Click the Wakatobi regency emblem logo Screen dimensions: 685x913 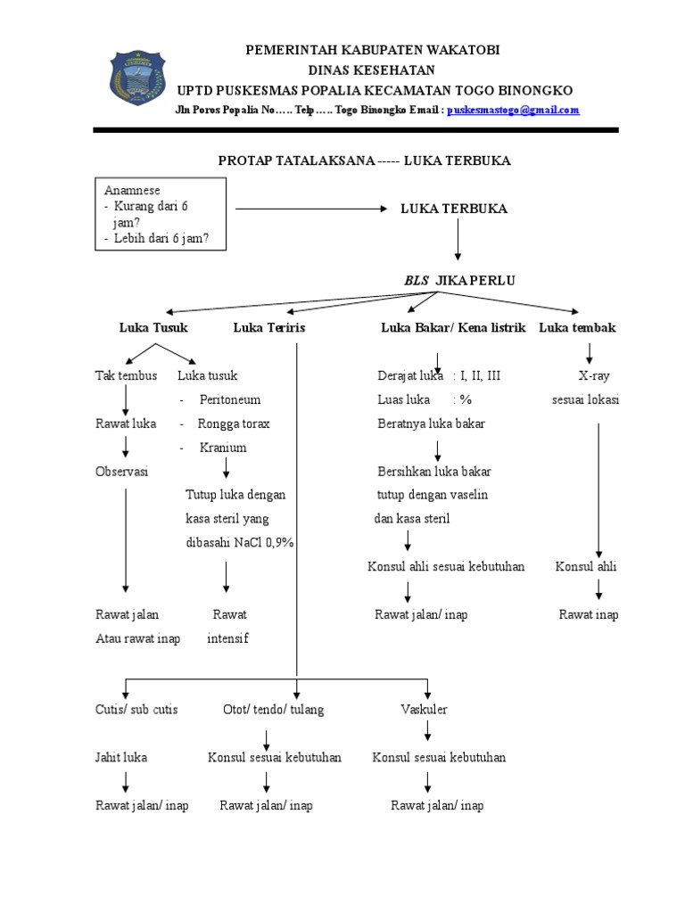(x=137, y=78)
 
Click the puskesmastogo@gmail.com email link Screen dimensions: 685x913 (x=513, y=110)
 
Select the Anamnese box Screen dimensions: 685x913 (x=161, y=214)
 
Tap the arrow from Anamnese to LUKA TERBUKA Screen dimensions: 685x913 (x=311, y=209)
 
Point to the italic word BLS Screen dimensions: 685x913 (x=417, y=281)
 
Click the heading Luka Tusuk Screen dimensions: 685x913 (x=153, y=327)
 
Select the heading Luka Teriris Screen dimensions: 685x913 (x=269, y=327)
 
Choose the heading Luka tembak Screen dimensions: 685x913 (x=577, y=327)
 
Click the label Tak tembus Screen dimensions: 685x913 (x=127, y=375)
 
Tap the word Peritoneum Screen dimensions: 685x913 (x=230, y=399)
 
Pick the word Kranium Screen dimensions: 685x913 (x=223, y=448)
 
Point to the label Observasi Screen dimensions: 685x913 (x=121, y=471)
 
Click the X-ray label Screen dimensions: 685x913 (x=594, y=375)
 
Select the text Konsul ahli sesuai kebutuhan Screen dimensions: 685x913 (x=446, y=566)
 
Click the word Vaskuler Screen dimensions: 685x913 (x=424, y=709)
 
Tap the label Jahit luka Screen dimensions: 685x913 (x=121, y=757)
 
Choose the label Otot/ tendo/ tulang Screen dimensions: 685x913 (x=274, y=710)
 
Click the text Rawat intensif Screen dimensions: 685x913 (x=227, y=627)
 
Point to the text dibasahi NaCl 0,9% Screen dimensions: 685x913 (x=240, y=543)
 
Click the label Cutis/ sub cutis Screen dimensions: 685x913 (x=136, y=709)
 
